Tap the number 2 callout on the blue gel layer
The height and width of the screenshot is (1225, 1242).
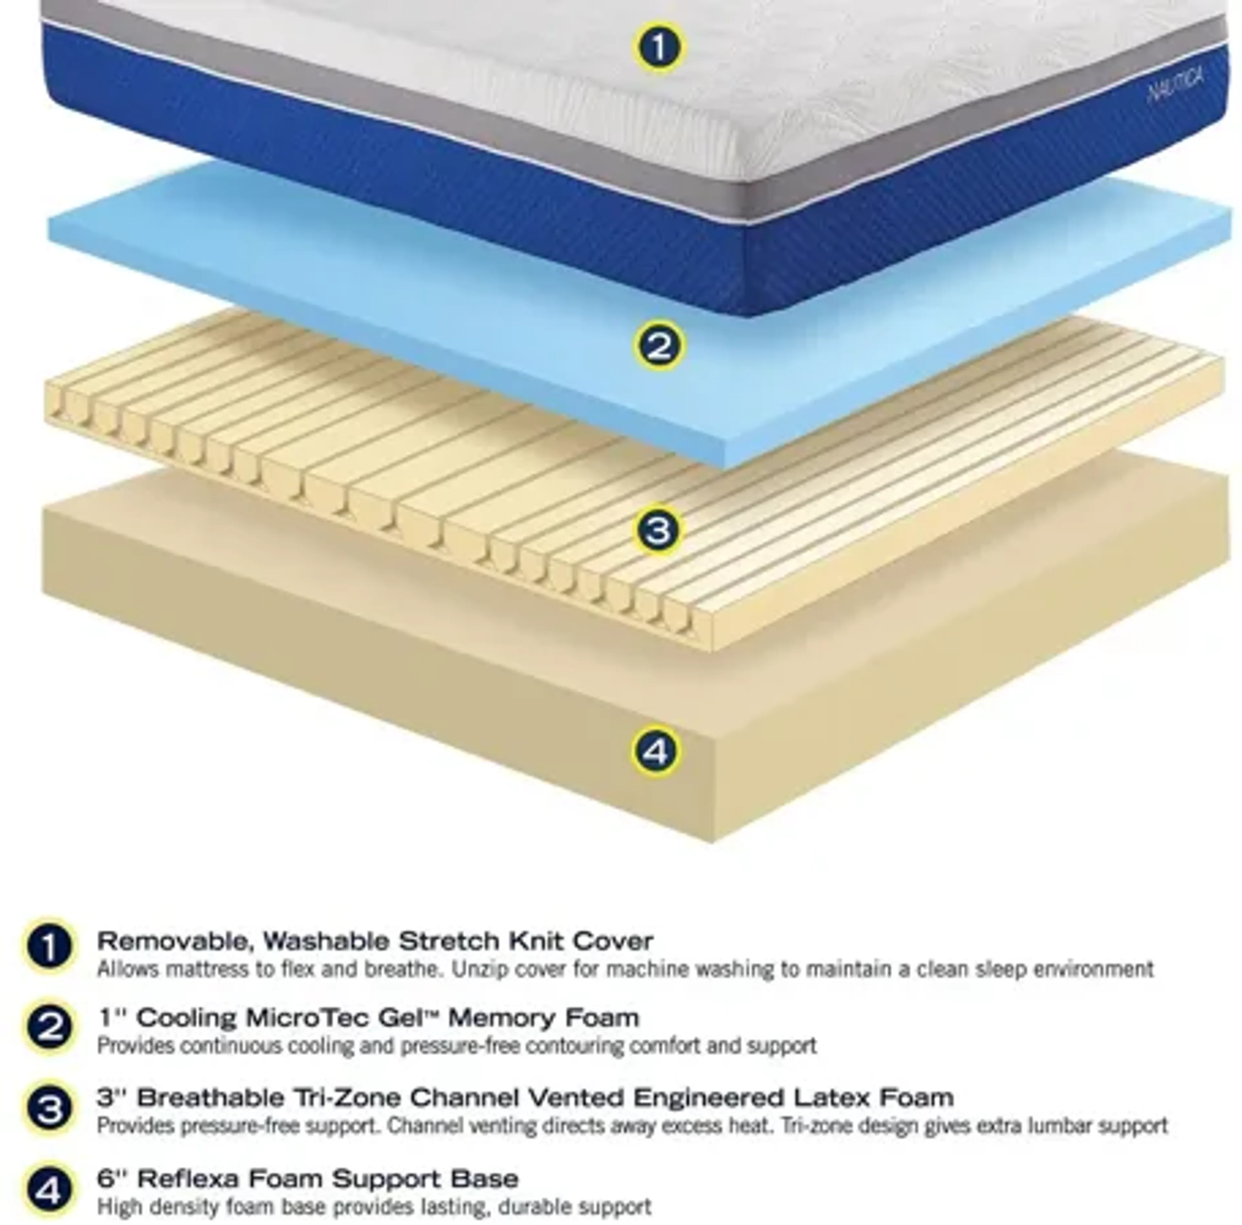pyautogui.click(x=659, y=346)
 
